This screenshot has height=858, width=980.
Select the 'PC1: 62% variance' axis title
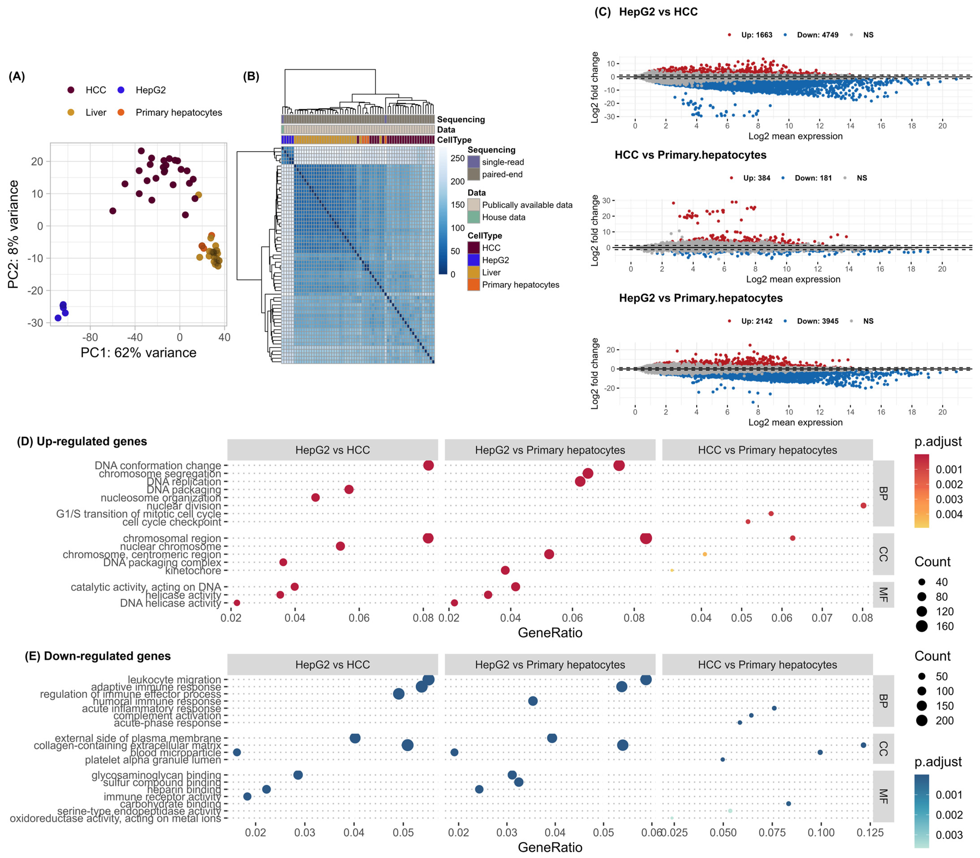(x=138, y=353)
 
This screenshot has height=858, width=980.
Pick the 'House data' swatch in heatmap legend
(x=474, y=217)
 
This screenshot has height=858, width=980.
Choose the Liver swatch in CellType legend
(x=474, y=272)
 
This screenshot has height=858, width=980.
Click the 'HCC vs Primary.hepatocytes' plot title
(x=690, y=155)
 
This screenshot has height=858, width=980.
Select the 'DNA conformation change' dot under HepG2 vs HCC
(x=429, y=465)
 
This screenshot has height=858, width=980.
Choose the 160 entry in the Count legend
(x=944, y=626)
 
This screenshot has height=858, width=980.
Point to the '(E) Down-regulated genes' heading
(x=98, y=656)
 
